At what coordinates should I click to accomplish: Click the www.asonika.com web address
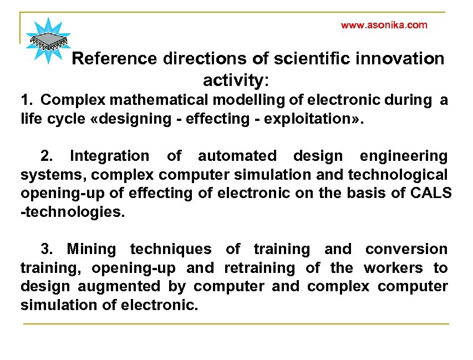click(384, 25)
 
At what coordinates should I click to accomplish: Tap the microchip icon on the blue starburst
click(48, 40)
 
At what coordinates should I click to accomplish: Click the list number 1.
click(26, 100)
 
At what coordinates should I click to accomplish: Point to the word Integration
click(110, 156)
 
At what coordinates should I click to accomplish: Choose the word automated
click(237, 156)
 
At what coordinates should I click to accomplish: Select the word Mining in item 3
click(91, 250)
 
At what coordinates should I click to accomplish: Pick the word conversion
click(406, 250)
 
